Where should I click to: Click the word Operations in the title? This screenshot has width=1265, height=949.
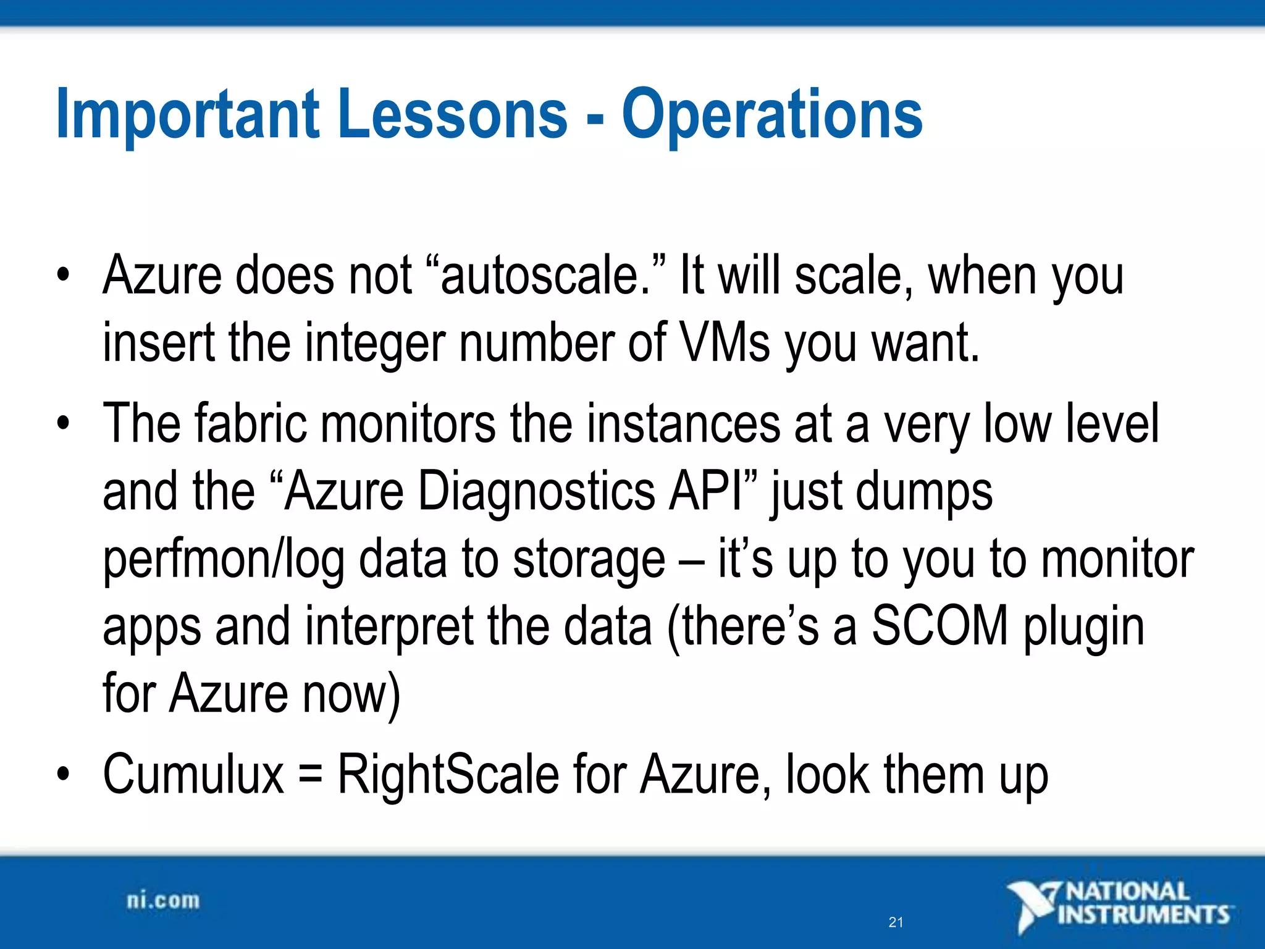click(x=771, y=114)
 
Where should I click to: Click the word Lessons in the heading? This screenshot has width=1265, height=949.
click(x=452, y=114)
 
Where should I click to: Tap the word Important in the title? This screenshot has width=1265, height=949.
click(x=188, y=114)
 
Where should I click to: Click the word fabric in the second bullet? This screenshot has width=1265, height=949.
click(x=250, y=424)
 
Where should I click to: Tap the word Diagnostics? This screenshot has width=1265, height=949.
click(x=536, y=491)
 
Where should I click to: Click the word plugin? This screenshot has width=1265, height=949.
click(x=1084, y=626)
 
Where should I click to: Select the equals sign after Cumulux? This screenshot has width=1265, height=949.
click(x=310, y=775)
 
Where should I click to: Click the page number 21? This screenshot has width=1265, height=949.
click(x=896, y=922)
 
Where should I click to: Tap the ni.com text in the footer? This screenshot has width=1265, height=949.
click(x=163, y=901)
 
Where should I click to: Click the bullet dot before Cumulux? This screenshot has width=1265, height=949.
click(x=62, y=774)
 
